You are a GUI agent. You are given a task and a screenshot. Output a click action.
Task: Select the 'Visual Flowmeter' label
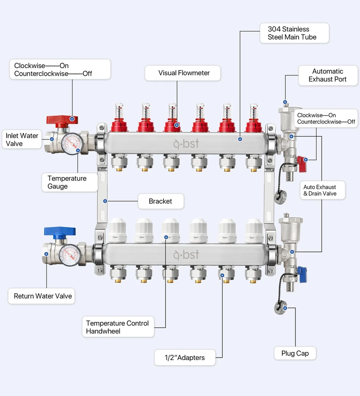click(x=184, y=73)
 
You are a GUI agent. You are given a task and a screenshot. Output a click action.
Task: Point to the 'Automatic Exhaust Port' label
click(x=328, y=75)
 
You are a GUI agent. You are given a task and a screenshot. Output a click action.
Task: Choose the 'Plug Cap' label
click(x=295, y=353)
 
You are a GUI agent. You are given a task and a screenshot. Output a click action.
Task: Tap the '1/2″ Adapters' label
click(x=185, y=358)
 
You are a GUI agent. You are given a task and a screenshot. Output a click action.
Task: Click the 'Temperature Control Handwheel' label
click(x=118, y=327)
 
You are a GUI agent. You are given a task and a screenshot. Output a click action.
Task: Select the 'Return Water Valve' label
click(x=43, y=296)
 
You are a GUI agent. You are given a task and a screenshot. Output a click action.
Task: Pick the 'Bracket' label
click(x=160, y=201)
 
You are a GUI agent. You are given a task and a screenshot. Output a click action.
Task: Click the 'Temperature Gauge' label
click(x=67, y=182)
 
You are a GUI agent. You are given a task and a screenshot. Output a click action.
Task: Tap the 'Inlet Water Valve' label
click(x=22, y=139)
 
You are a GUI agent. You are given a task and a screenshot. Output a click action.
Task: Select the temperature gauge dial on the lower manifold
click(x=70, y=253)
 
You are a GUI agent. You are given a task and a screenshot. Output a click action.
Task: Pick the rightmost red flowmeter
click(x=253, y=119)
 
